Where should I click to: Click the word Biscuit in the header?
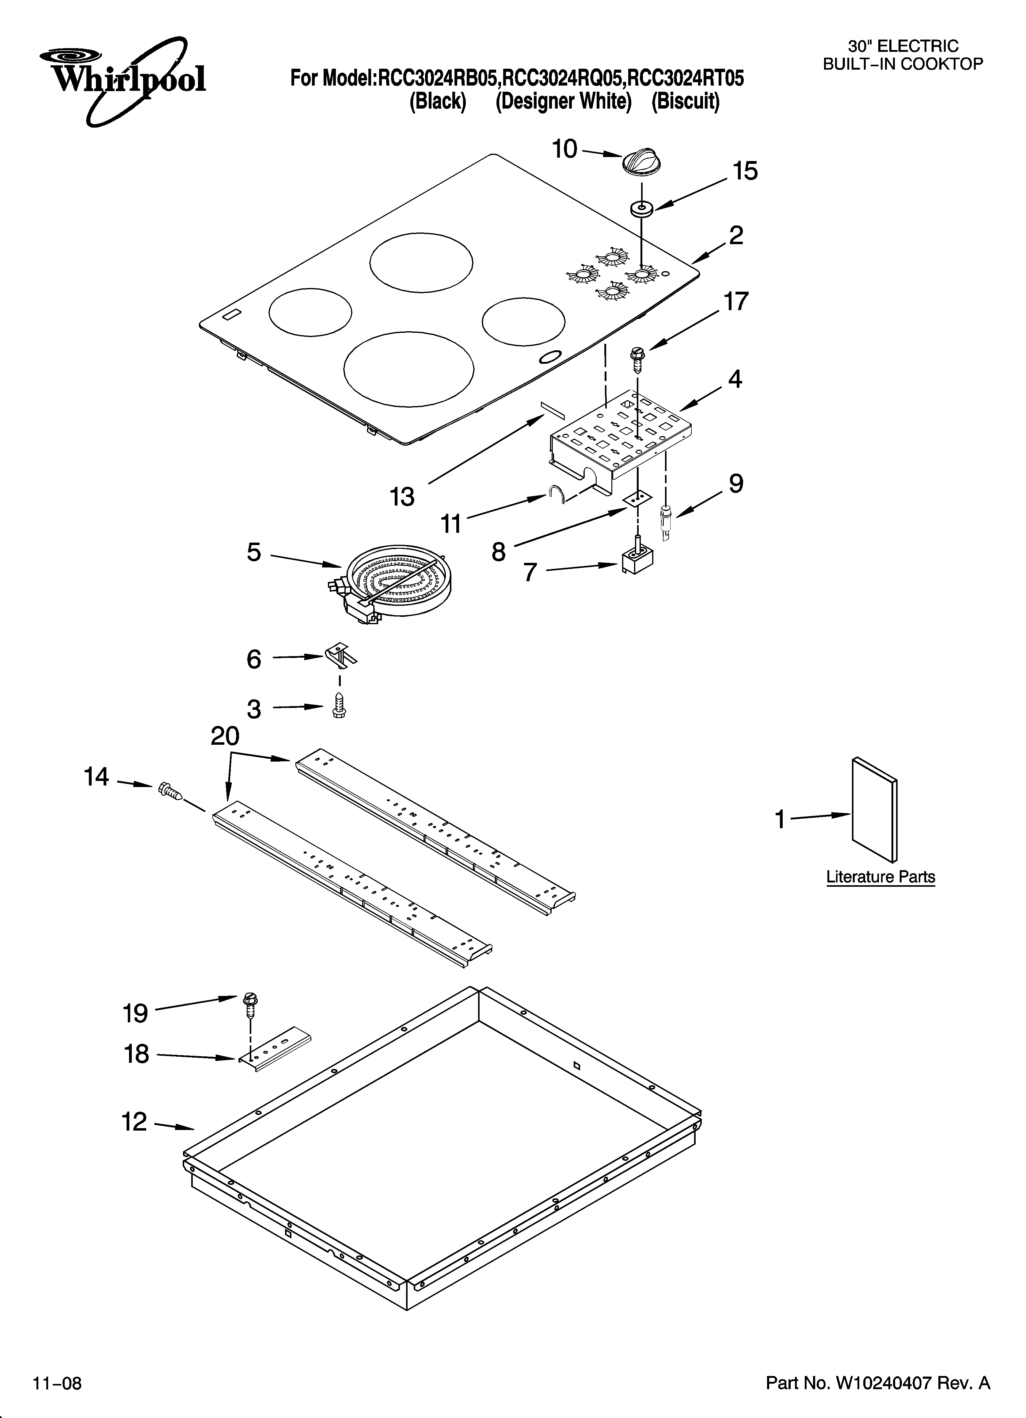pos(686,101)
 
